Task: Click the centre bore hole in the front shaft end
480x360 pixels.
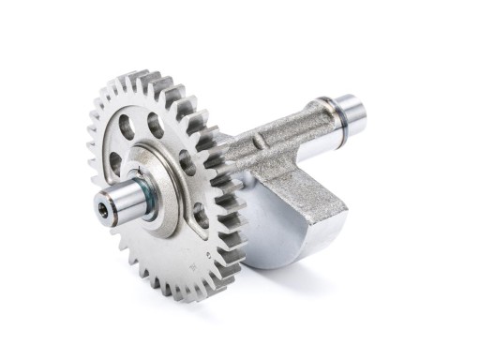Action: coord(102,210)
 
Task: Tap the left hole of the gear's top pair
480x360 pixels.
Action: coord(127,127)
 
